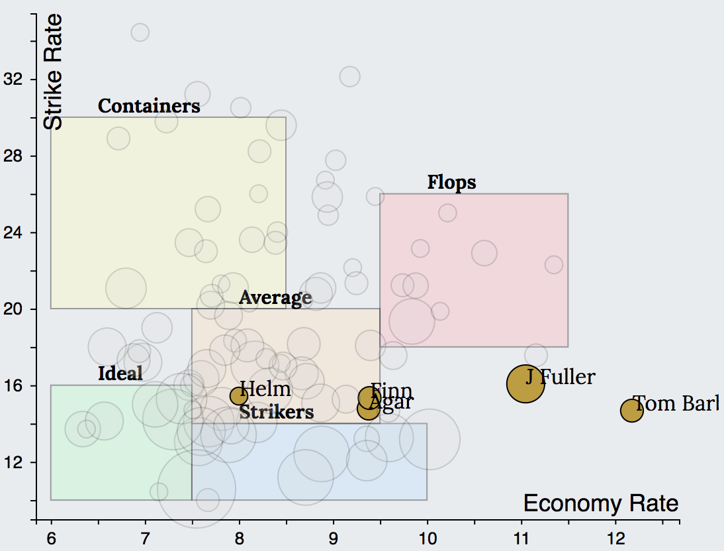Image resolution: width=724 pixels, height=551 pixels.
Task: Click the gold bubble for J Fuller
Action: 525,383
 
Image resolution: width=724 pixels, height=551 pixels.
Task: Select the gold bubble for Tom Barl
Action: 631,411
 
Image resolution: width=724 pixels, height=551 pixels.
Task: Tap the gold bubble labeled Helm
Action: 239,396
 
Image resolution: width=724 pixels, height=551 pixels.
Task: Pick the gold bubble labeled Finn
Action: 369,397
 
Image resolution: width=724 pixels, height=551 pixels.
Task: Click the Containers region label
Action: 149,106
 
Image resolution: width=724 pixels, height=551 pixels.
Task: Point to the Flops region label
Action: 451,182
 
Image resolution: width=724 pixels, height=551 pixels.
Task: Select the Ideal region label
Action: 120,374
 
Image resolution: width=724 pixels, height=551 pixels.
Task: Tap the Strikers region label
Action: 276,413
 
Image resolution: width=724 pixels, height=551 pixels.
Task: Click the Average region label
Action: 275,298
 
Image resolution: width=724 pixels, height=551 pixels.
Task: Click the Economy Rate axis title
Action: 600,504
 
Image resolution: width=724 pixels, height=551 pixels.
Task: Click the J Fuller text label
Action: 561,377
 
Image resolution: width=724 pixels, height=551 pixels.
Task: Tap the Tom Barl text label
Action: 675,403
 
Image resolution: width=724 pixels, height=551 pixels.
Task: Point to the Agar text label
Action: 392,402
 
